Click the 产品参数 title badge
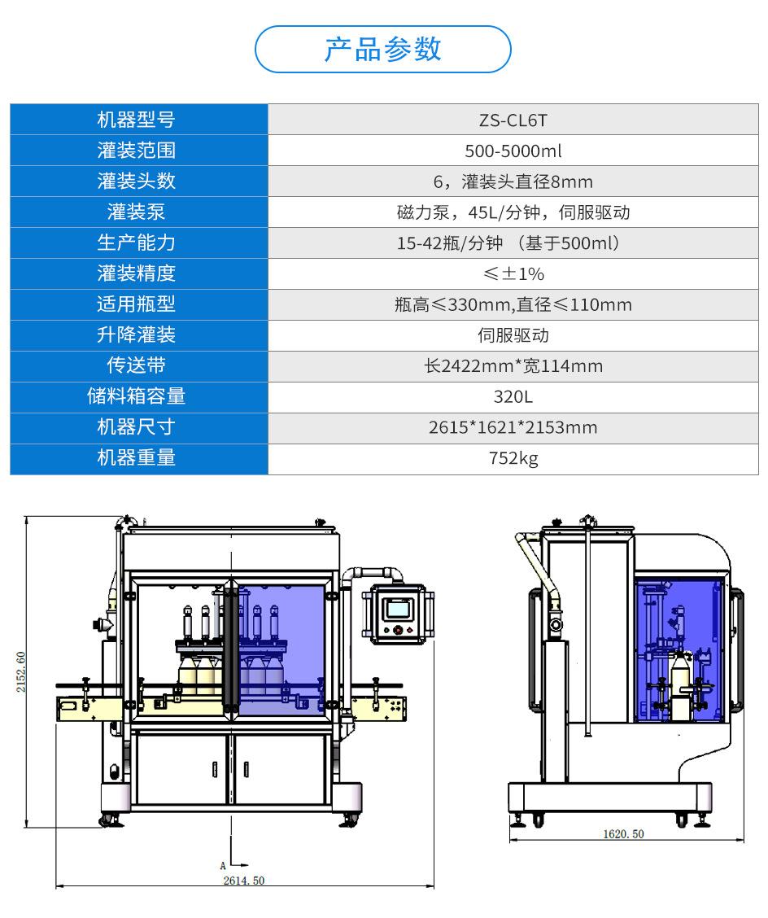(383, 49)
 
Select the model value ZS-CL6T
(513, 120)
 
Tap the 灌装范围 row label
(137, 151)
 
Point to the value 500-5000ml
(513, 151)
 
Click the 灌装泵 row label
(137, 212)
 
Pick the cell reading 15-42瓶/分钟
(450, 243)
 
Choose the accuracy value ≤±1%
(513, 274)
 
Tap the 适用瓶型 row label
(137, 304)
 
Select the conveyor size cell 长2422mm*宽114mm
(513, 366)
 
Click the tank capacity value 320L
(513, 397)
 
